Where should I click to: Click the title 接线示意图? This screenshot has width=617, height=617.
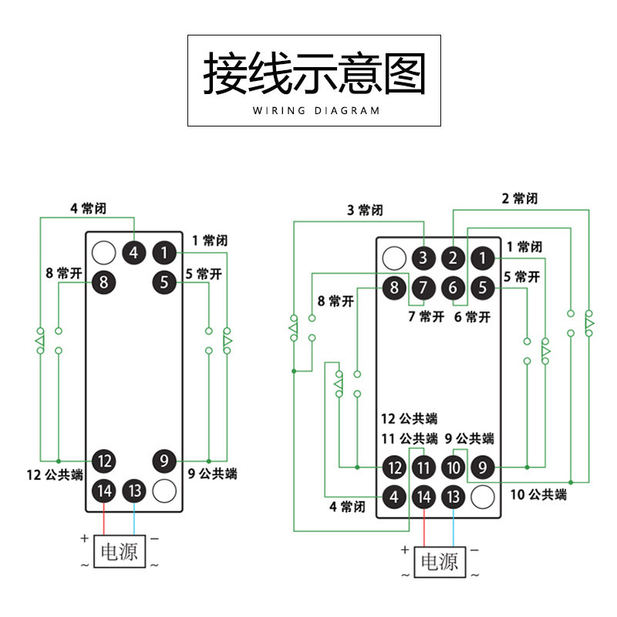(314, 73)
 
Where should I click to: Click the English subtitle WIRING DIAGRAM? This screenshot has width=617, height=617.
(316, 110)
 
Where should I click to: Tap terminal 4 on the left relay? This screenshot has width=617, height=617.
(133, 253)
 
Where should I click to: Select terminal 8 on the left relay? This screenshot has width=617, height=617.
(103, 282)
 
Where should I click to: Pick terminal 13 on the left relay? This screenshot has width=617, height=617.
(134, 491)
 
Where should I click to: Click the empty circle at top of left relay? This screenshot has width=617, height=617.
(103, 253)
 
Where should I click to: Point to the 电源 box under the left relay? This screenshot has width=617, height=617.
(120, 551)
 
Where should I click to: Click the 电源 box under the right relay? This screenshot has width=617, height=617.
(440, 562)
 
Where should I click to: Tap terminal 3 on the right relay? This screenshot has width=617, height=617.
(423, 258)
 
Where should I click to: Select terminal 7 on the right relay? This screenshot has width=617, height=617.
(423, 288)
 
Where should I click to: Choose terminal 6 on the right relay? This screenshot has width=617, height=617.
(453, 288)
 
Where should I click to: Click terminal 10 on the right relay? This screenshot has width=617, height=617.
(453, 467)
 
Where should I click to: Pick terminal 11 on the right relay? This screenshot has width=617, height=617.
(423, 467)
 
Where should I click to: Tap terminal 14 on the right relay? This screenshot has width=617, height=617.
(423, 497)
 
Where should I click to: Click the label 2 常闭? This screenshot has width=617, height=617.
(519, 198)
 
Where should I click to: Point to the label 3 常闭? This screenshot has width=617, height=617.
(365, 210)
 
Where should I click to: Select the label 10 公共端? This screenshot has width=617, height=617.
(538, 494)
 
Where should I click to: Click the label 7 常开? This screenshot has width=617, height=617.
(427, 316)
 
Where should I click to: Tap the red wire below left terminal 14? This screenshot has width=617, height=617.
(104, 519)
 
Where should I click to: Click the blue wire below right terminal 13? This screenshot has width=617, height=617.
(453, 528)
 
